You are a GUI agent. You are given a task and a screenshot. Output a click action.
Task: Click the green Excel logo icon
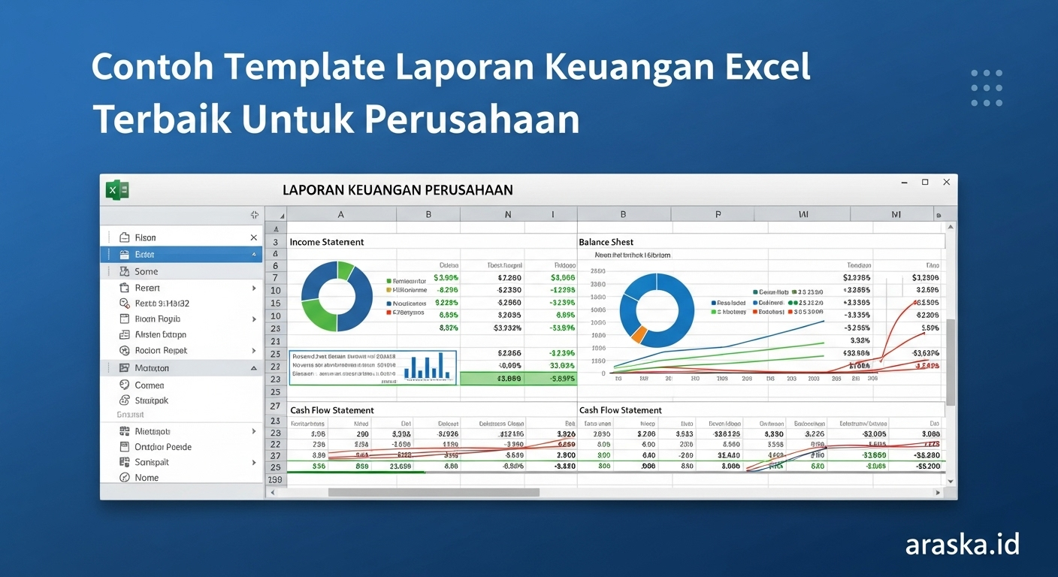pyautogui.click(x=117, y=190)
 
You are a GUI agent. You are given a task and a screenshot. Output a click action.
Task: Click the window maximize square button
pyautogui.click(x=925, y=183)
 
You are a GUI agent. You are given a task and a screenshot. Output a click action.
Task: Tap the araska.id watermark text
pyautogui.click(x=962, y=543)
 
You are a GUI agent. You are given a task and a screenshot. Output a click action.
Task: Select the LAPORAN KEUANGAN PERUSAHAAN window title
pyautogui.click(x=398, y=190)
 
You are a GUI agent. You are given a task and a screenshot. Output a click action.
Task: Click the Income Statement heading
pyautogui.click(x=327, y=242)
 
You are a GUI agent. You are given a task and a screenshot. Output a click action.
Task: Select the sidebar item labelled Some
pyautogui.click(x=147, y=271)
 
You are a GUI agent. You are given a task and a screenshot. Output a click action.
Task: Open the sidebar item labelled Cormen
pyautogui.click(x=150, y=385)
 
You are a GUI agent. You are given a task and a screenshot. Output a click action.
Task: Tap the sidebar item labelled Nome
pyautogui.click(x=147, y=477)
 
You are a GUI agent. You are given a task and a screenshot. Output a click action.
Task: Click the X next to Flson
pyautogui.click(x=253, y=237)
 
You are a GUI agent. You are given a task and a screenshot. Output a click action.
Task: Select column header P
pyautogui.click(x=718, y=214)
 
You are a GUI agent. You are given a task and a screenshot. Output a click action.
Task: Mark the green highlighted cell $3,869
pyautogui.click(x=509, y=379)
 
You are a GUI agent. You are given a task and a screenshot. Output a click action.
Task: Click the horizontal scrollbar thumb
pyautogui.click(x=434, y=492)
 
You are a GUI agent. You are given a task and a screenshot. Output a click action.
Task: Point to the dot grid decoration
pyautogui.click(x=986, y=88)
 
